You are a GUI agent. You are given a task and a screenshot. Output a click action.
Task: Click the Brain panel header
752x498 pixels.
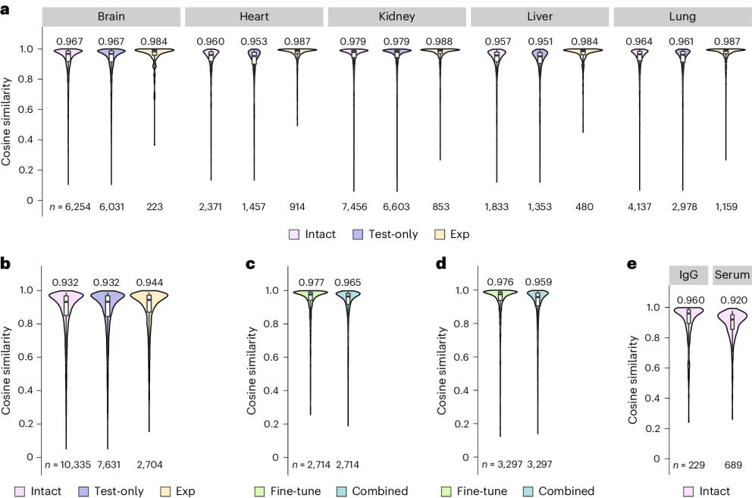pos(111,16)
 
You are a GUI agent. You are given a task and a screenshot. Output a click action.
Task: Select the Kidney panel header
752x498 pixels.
pos(396,16)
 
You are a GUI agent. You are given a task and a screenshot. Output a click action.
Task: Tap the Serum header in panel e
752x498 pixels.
pos(731,274)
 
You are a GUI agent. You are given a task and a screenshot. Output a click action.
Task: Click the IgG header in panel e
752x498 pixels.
pos(688,274)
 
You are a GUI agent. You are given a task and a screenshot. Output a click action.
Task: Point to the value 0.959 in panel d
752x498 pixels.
pos(538,283)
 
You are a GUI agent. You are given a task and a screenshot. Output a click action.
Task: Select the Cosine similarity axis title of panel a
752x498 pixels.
pos(8,116)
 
